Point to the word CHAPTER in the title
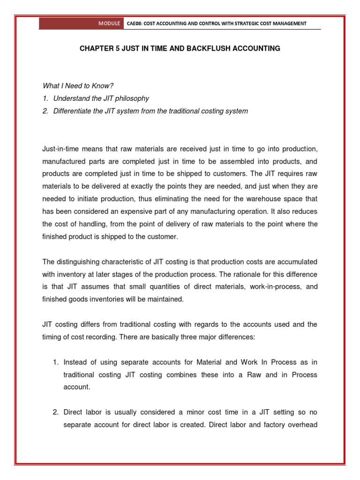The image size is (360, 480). [x=94, y=48]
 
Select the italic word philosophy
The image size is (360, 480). [x=133, y=98]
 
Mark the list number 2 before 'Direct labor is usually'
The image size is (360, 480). [x=55, y=412]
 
